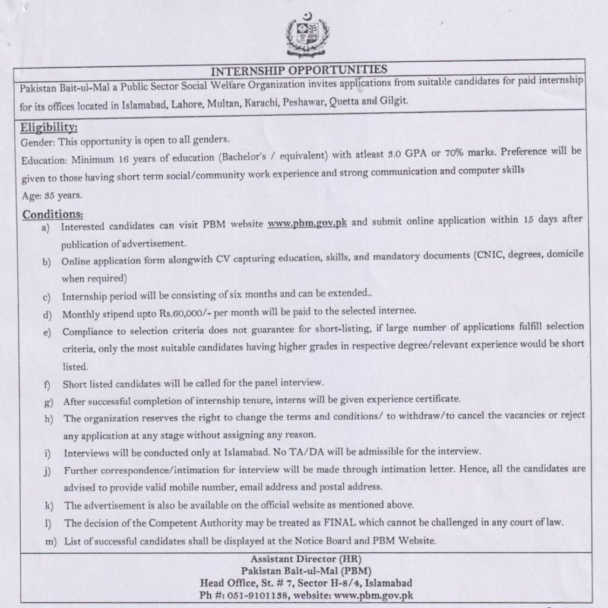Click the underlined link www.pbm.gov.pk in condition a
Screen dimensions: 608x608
tap(307, 224)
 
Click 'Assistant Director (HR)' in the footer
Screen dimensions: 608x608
tap(305, 559)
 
